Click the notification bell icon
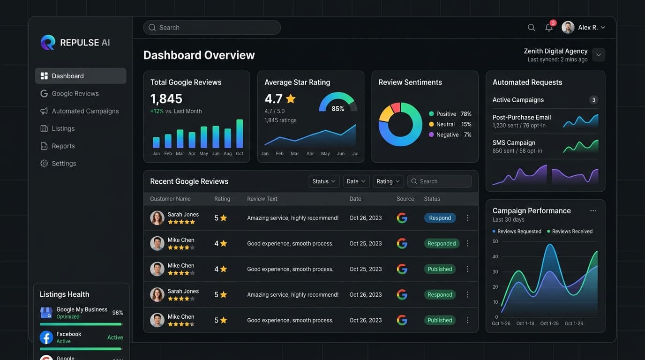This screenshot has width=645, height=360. coord(549,28)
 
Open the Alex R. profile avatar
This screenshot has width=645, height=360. coord(568,28)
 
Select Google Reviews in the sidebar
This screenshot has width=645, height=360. coord(75,93)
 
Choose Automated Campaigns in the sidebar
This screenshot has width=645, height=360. coord(85,111)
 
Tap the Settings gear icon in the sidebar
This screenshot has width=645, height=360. coord(44,164)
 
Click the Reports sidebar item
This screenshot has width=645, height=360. coord(63,146)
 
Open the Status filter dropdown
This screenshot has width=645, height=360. coord(324,181)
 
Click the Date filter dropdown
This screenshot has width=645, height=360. coord(356,181)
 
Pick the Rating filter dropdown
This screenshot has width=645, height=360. coord(388,181)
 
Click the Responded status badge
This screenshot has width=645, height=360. coord(442,243)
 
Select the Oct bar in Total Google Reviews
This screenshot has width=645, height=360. coord(240,134)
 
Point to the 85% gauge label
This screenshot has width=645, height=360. coord(338,109)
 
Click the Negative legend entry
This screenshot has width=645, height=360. coord(447,135)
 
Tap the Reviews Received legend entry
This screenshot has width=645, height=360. coord(570,232)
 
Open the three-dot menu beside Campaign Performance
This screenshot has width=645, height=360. coord(593,211)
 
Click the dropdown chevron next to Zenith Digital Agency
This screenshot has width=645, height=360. coord(599,55)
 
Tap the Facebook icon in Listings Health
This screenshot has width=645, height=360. coord(46,337)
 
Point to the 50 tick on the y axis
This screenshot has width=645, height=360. coord(495,241)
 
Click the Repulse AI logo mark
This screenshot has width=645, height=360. coord(48,43)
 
